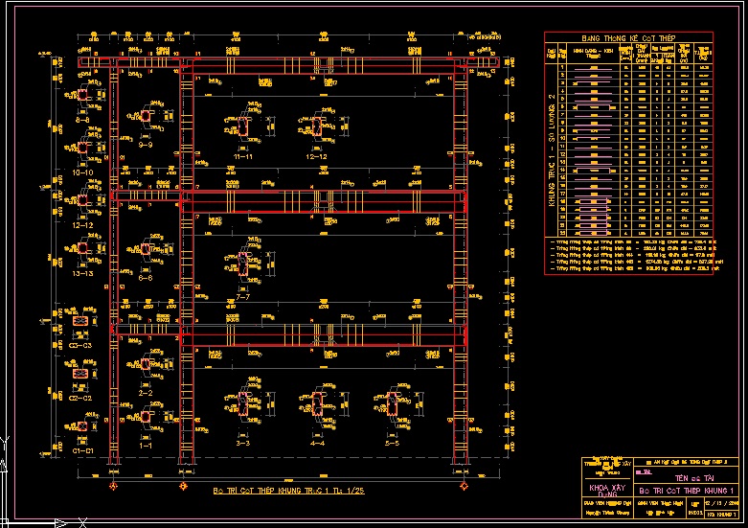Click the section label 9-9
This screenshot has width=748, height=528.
[146, 147]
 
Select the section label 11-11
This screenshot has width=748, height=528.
[243, 155]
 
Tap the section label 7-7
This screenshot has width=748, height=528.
[242, 297]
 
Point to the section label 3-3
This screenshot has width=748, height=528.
[242, 444]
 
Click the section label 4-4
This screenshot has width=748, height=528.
[317, 444]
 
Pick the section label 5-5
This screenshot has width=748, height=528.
[391, 444]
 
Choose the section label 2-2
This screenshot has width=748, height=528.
[146, 393]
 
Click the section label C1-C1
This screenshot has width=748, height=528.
[82, 449]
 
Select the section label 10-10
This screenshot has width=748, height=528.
[82, 173]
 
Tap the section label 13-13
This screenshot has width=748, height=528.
[82, 274]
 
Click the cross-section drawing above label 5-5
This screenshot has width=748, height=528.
[392, 407]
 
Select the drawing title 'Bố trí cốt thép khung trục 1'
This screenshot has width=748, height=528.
[288, 490]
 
